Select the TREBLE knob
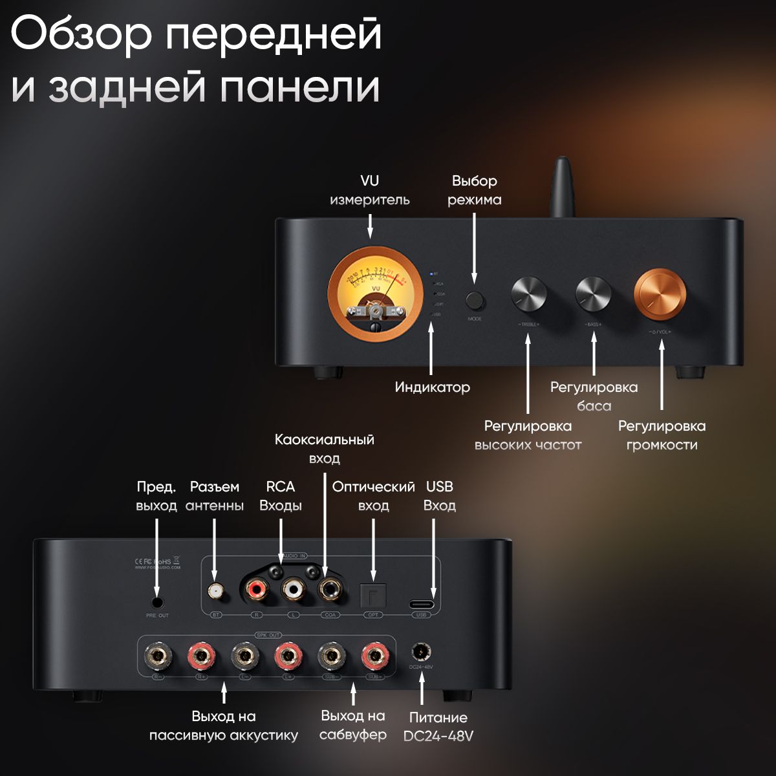(528, 294)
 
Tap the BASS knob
(593, 294)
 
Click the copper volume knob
(660, 295)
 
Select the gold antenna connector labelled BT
(215, 590)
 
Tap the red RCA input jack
(256, 590)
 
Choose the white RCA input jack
(293, 590)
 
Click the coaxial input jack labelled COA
(330, 590)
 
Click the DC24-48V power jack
(422, 651)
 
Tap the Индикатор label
(432, 387)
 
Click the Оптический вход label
(373, 496)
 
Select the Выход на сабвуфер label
(352, 725)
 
